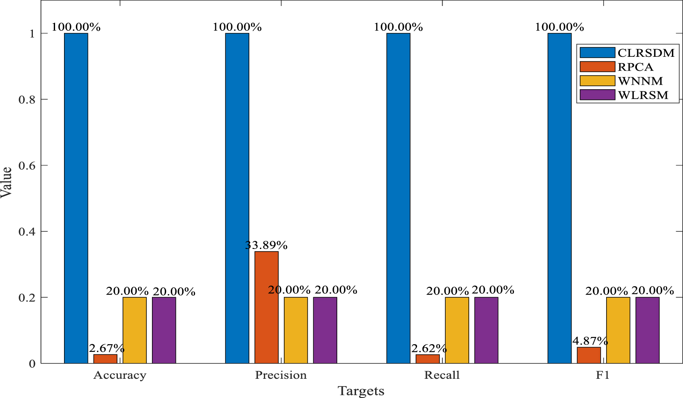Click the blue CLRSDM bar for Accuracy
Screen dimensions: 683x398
[x=76, y=198]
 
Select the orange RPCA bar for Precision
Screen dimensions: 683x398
[x=266, y=307]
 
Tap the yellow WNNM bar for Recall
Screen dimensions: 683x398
[x=457, y=330]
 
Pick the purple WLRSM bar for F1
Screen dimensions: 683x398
[x=647, y=330]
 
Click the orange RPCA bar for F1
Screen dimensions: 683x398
[x=589, y=355]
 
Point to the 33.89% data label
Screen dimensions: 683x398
[x=266, y=245]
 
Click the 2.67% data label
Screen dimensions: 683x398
[x=107, y=348]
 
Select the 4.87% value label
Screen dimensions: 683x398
[x=590, y=341]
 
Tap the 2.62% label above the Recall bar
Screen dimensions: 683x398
[x=429, y=348]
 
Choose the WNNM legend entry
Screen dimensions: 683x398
[x=622, y=81]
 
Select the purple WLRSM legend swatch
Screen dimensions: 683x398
[x=597, y=95]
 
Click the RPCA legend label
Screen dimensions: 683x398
[x=636, y=67]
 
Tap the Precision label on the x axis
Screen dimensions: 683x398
[x=281, y=375]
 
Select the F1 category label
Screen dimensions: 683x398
[x=603, y=375]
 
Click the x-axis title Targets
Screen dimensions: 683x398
[x=361, y=391]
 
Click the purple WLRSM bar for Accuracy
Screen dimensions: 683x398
[x=164, y=330]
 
